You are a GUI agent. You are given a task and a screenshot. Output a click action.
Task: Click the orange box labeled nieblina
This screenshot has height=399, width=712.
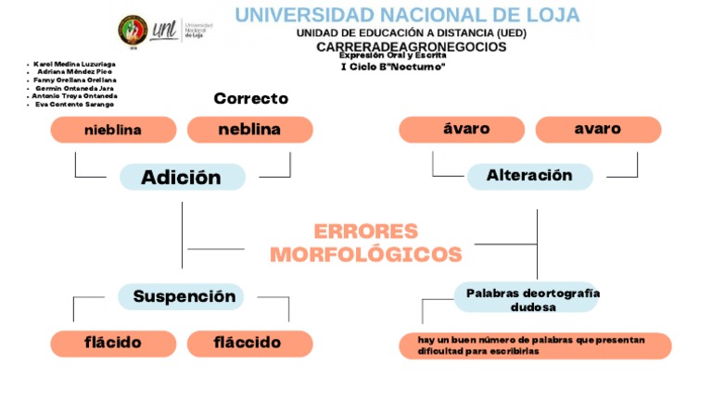113,130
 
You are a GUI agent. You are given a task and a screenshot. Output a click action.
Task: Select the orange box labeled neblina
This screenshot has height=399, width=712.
249,130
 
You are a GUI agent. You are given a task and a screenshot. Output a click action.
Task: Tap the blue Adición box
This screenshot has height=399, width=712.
182,177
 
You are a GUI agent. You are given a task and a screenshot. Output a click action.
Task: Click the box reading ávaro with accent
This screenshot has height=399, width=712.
461,130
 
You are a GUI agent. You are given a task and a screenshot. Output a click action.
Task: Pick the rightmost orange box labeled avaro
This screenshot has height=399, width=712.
597,130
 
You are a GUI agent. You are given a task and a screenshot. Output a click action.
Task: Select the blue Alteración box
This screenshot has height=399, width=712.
529,176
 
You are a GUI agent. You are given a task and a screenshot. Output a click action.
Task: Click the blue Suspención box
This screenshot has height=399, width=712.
184,297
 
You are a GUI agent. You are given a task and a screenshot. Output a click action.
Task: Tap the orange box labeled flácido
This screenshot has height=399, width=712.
113,343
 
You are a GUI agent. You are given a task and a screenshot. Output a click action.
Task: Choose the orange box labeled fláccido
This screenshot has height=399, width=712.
248,343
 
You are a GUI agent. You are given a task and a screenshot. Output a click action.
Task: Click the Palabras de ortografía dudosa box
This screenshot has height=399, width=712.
532,299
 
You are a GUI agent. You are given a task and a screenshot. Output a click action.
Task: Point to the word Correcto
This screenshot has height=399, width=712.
250,98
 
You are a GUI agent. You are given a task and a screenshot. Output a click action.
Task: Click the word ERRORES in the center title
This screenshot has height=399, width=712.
365,231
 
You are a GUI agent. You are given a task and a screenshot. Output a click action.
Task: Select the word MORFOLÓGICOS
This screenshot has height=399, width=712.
365,255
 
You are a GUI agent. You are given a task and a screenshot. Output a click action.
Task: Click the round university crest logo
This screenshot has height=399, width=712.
133,30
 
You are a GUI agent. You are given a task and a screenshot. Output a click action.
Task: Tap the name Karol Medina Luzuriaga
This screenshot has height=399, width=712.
74,64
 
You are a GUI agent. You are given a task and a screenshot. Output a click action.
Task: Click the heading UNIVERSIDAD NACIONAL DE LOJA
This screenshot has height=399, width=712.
407,15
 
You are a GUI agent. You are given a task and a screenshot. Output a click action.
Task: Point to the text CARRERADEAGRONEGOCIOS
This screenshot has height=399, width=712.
412,46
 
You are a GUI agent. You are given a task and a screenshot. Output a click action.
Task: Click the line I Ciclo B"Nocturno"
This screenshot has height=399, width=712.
393,67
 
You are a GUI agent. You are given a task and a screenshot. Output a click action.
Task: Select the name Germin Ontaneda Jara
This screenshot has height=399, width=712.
75,88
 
